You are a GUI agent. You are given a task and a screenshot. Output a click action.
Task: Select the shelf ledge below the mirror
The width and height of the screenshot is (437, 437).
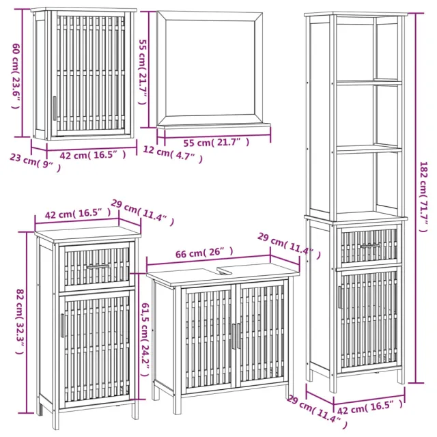(214, 128)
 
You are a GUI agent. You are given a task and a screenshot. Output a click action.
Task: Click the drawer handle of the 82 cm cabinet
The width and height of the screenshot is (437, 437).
(96, 264)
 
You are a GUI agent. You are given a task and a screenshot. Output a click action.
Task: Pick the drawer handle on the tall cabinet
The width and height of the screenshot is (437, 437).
(369, 244)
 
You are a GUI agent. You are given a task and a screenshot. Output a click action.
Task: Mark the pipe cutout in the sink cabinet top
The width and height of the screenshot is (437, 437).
(225, 270)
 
